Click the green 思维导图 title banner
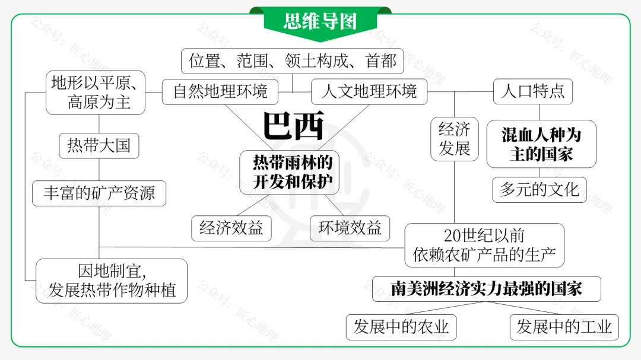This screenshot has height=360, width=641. click(320, 21)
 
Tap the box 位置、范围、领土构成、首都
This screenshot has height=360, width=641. click(292, 61)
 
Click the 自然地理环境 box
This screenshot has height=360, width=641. click(220, 92)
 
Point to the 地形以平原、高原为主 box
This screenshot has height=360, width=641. click(96, 93)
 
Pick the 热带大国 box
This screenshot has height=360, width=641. click(99, 145)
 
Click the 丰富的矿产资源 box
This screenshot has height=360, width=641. click(99, 193)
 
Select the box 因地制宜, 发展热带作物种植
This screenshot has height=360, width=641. click(112, 281)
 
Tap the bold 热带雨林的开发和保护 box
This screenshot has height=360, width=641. click(289, 172)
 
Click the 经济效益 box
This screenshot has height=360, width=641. click(231, 228)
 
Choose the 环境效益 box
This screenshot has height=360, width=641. click(350, 228)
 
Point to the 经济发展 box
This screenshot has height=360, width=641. click(455, 138)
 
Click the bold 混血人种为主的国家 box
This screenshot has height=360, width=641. click(541, 144)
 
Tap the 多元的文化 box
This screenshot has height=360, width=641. click(539, 190)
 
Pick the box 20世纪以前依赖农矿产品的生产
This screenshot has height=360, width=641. click(484, 245)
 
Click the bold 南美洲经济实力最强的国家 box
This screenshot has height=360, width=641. click(486, 289)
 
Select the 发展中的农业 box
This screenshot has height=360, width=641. click(401, 327)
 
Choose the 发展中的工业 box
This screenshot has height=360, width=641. click(563, 327)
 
